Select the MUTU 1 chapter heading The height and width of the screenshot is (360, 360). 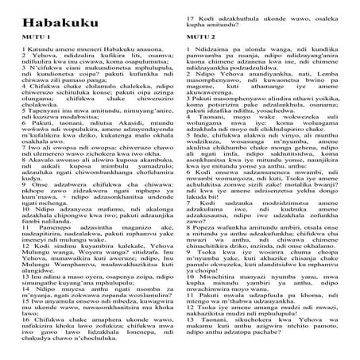[x=17, y=37]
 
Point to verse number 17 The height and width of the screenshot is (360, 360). [x=187, y=6]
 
